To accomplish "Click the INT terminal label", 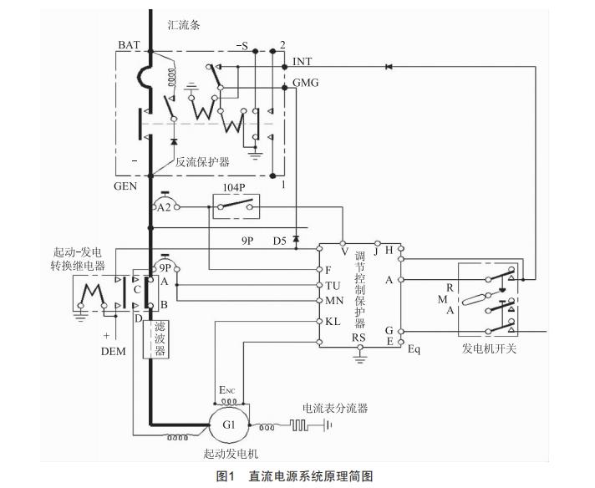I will click(x=303, y=62).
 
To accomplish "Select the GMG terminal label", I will click(x=306, y=83).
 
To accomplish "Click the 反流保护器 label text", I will click(x=203, y=162).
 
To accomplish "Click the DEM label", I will click(x=113, y=351).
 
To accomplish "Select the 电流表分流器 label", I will click(x=335, y=408).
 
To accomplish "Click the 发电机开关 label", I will click(x=489, y=348).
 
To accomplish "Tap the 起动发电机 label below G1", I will click(x=227, y=454).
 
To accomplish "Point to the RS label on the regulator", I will click(x=359, y=338).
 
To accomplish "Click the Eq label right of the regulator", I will click(x=414, y=348).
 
